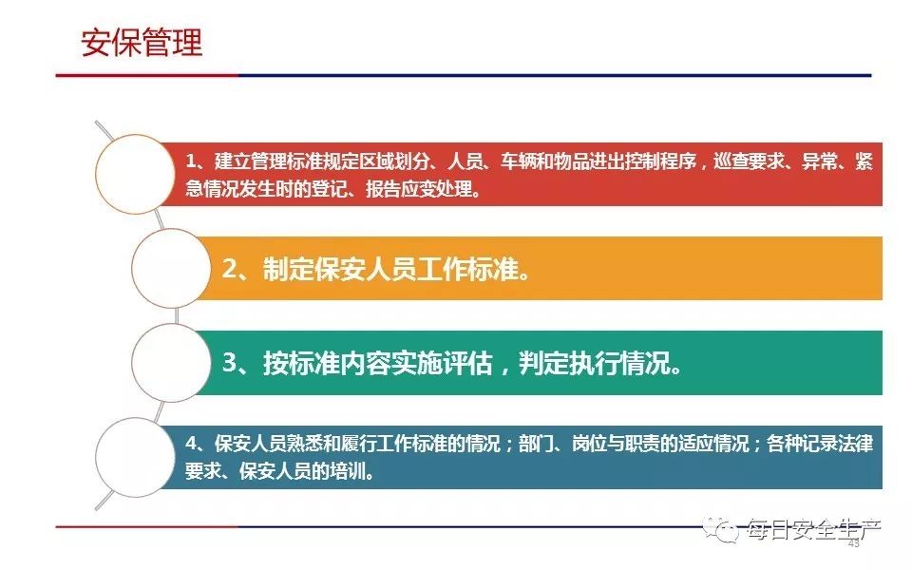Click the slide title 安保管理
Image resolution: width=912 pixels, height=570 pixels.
click(142, 43)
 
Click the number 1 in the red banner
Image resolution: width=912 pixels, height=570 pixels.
click(191, 161)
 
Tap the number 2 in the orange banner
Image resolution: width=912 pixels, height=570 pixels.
click(230, 269)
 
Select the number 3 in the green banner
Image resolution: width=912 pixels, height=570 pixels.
click(230, 364)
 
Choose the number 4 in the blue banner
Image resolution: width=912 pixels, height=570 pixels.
click(191, 445)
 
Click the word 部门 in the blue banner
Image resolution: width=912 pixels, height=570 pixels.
click(536, 445)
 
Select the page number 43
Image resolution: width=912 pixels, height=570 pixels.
click(854, 543)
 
